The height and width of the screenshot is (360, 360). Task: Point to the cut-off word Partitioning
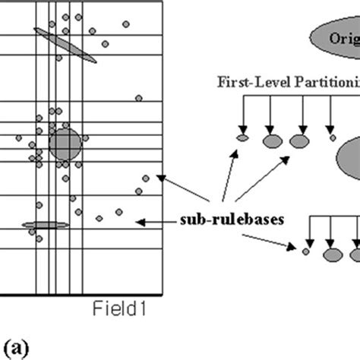click(x=322, y=81)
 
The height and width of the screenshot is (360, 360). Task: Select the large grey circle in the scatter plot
click(x=65, y=144)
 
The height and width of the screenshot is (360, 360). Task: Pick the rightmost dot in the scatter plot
click(x=147, y=178)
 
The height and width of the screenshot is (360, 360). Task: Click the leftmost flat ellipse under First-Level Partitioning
click(x=243, y=138)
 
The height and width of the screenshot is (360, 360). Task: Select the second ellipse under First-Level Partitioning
click(x=271, y=141)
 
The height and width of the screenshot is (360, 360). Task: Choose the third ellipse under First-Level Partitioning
click(x=298, y=141)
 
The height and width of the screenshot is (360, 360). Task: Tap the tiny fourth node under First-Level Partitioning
click(x=332, y=137)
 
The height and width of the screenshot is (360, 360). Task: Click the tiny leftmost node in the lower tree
click(x=305, y=251)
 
